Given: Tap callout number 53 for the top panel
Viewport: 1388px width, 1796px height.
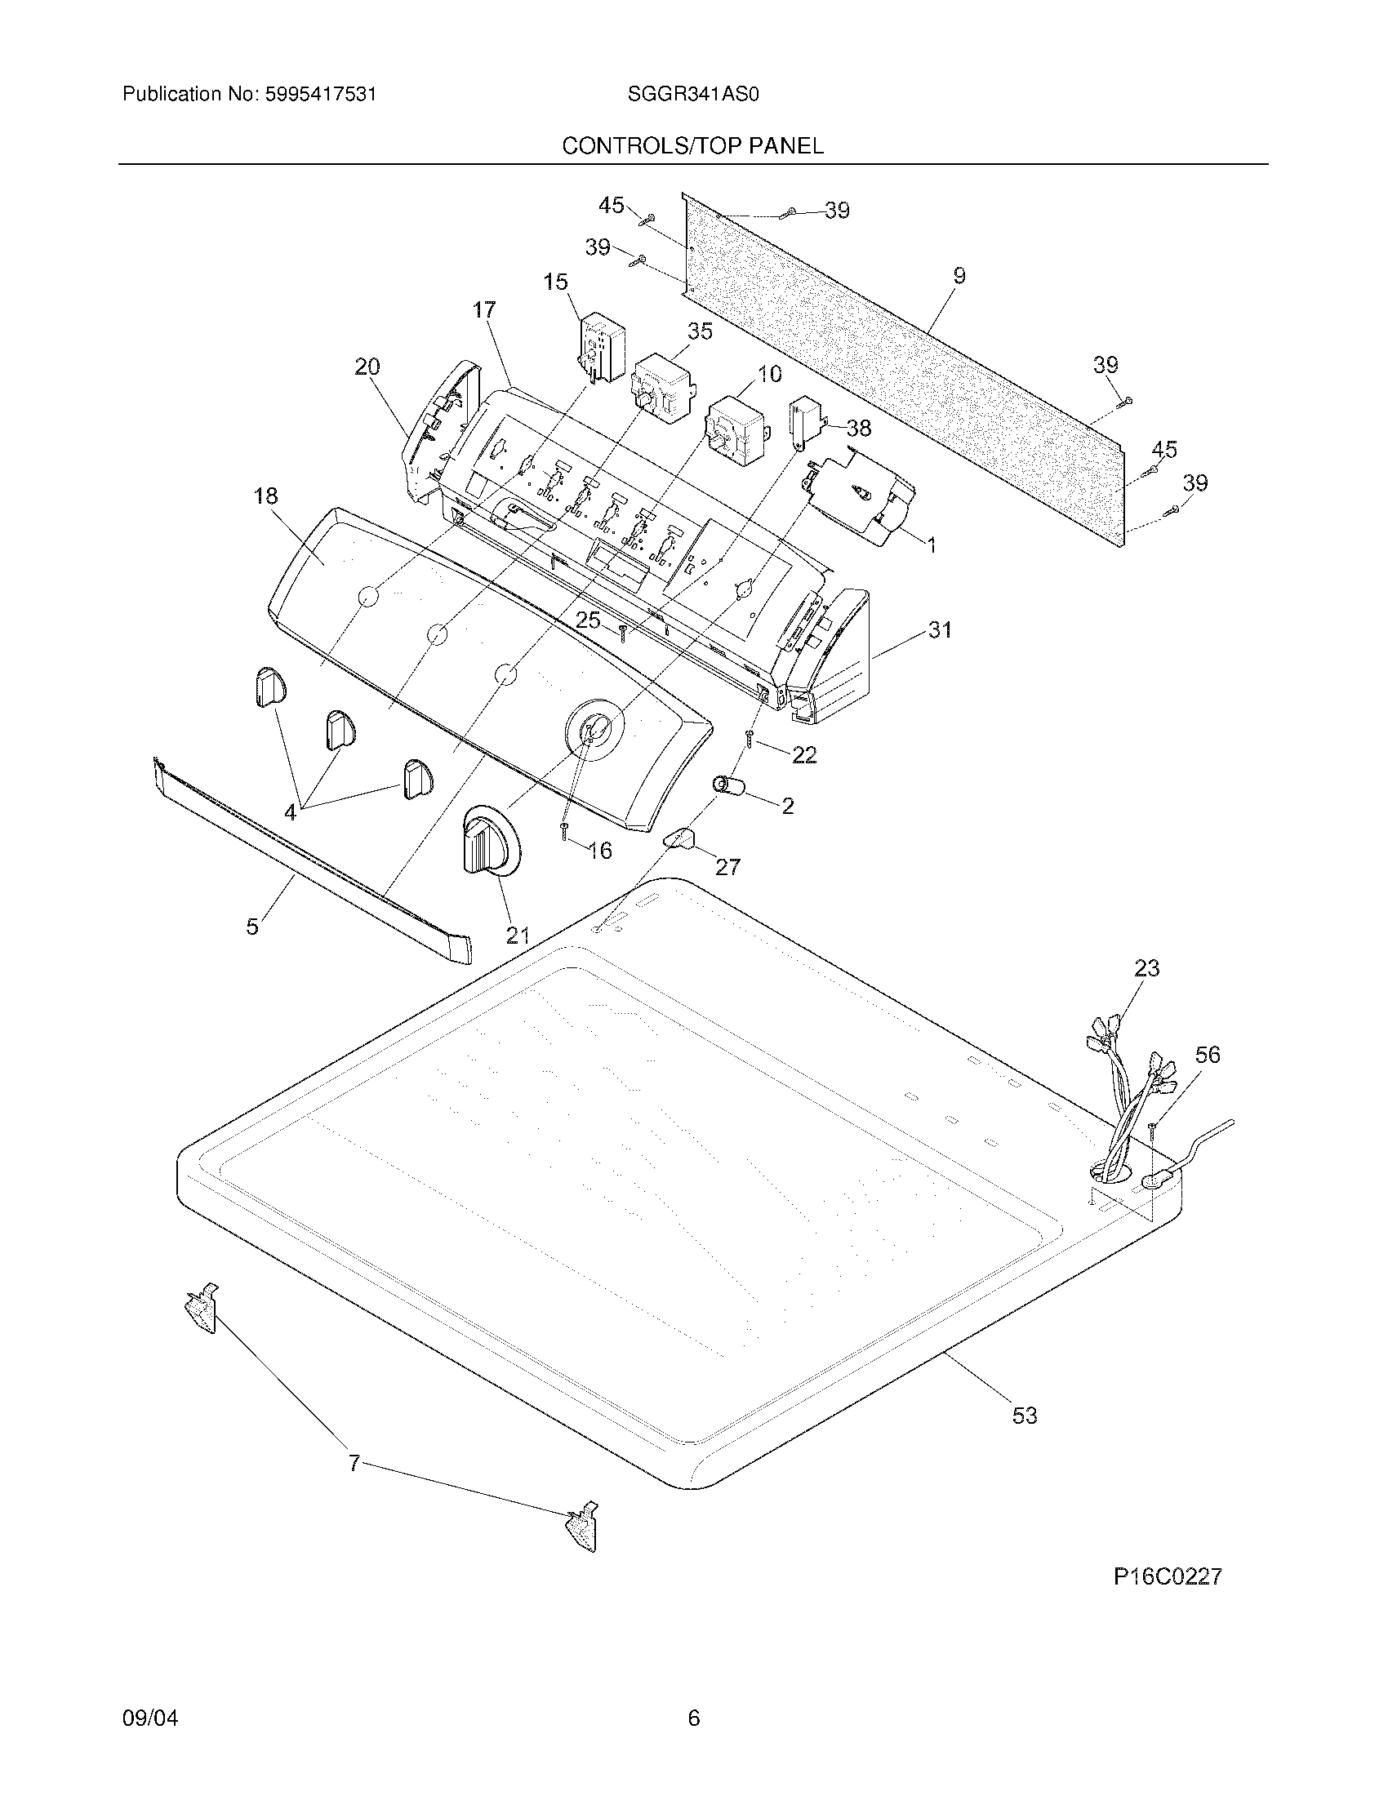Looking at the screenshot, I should [x=1024, y=1416].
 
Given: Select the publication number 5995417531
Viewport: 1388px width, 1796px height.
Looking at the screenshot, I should [x=321, y=95].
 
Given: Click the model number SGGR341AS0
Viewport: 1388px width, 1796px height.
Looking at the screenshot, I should [x=692, y=95].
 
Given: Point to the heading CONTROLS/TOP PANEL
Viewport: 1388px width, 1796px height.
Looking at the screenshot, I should [x=692, y=146].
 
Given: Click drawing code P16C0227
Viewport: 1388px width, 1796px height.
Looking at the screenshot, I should [x=1168, y=1576].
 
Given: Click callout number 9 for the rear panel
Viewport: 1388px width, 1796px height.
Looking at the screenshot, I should [x=959, y=276].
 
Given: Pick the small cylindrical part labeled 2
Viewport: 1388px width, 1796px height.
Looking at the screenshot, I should [x=729, y=786].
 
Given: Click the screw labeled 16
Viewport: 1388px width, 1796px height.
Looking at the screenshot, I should [x=565, y=830].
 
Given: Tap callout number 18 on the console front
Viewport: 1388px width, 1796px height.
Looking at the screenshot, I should [x=265, y=496].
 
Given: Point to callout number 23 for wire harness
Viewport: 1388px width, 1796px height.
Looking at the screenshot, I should [x=1146, y=968].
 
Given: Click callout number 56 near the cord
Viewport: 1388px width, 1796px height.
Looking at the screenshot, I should [x=1207, y=1054].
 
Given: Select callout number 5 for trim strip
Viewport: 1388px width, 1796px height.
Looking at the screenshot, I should [x=252, y=927].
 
